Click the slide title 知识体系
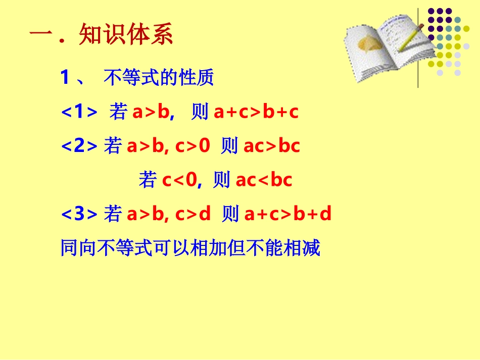click(x=126, y=35)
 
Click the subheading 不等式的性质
click(x=159, y=78)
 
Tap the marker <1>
click(x=79, y=112)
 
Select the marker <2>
click(x=79, y=146)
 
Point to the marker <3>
click(x=79, y=214)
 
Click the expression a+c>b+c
click(x=256, y=112)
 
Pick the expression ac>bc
click(x=272, y=146)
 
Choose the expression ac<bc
click(x=264, y=180)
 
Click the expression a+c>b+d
click(x=287, y=214)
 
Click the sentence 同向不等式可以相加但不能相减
click(x=190, y=248)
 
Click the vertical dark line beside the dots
click(x=418, y=48)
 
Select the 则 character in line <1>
click(x=200, y=112)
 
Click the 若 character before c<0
click(x=148, y=180)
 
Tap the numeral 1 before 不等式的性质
click(x=65, y=78)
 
